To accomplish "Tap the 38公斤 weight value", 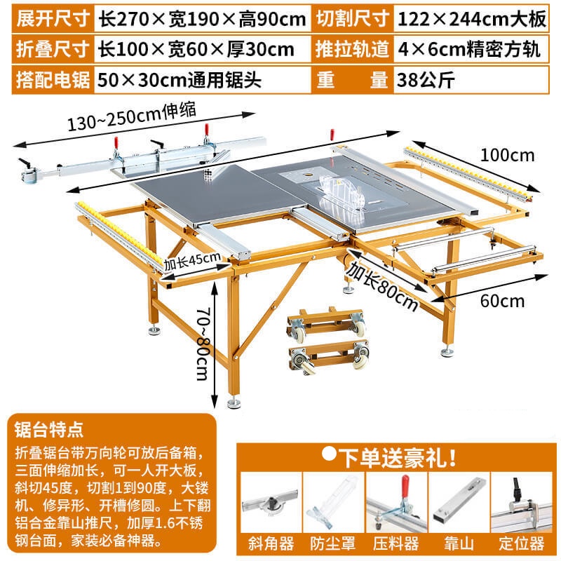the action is coord(425,79).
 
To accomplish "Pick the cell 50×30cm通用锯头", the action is coord(180,79).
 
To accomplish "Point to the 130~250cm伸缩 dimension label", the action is coord(131,116).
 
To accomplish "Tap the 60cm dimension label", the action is coord(503,302).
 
